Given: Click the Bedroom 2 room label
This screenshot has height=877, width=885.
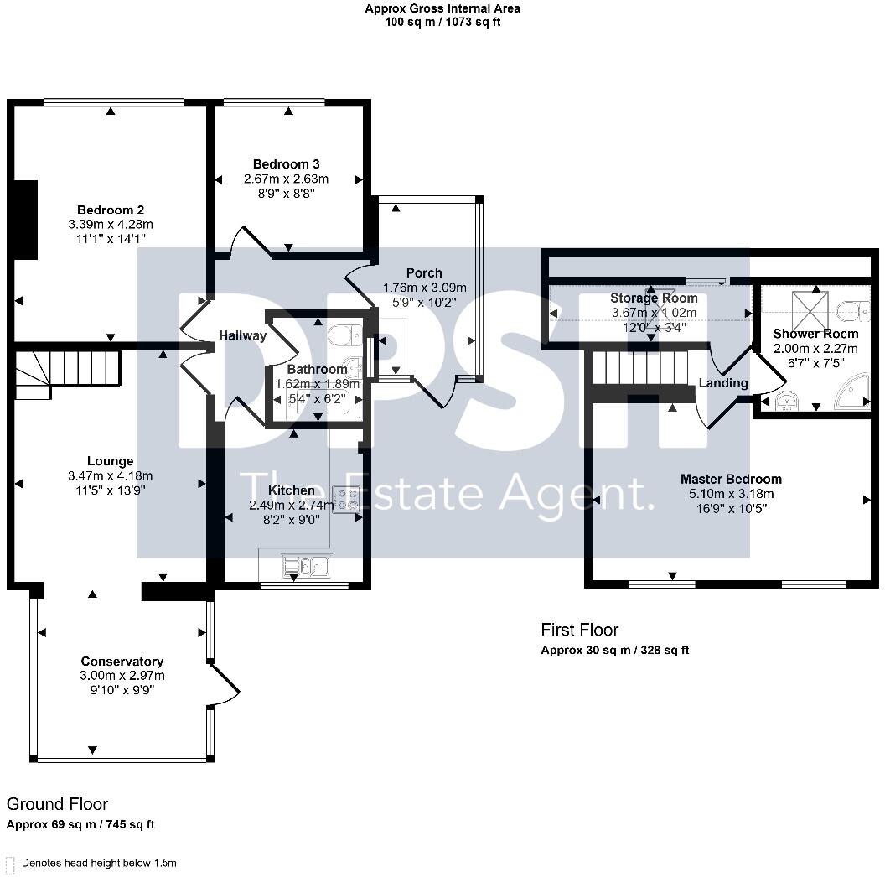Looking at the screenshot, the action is [x=111, y=210].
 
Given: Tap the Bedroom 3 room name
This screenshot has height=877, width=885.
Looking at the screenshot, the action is [x=286, y=163].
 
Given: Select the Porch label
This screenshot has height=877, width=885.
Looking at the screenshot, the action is [x=424, y=272].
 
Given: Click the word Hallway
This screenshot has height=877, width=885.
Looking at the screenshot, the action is [x=243, y=335].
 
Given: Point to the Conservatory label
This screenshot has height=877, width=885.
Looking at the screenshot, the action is [x=122, y=662].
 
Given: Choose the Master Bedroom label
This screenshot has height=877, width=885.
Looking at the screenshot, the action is [x=731, y=479].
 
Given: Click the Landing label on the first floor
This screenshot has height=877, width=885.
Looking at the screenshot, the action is [x=723, y=383].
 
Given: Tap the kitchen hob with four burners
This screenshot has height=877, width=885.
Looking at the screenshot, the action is [x=346, y=499].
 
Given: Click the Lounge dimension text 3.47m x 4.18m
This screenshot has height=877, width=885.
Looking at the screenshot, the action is [x=110, y=476].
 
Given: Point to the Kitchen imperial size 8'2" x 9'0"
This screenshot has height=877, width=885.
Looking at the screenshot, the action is [x=292, y=520].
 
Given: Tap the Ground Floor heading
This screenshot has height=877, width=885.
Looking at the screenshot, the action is [x=57, y=803].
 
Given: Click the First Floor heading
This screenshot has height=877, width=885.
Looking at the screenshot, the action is [x=580, y=630].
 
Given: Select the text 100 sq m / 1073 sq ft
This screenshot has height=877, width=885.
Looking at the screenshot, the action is [x=442, y=22].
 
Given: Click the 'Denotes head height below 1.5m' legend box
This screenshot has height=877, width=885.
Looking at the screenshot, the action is [x=9, y=864].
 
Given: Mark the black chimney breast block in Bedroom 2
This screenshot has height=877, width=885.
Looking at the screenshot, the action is [x=26, y=220].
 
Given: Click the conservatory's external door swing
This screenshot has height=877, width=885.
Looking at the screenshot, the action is [x=224, y=685].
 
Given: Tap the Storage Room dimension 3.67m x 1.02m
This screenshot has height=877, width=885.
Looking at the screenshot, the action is [x=655, y=312].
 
